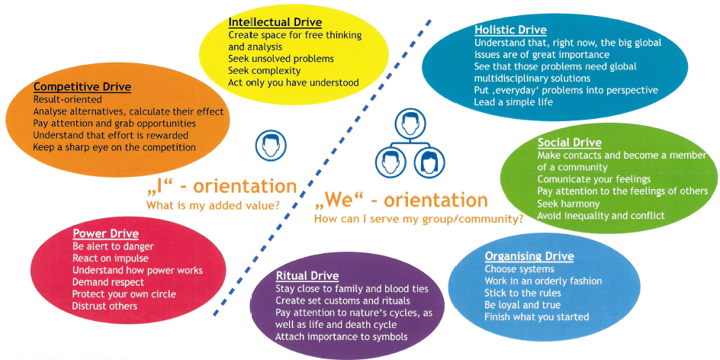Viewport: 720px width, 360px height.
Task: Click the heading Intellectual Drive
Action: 275,22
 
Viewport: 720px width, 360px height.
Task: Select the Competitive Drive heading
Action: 82,87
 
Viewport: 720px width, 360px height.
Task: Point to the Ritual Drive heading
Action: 307,275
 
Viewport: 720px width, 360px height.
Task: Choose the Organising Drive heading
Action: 529,256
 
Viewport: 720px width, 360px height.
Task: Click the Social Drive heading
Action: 569,143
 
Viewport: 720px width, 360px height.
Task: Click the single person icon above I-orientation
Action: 268,146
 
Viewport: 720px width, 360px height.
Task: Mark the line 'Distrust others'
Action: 105,306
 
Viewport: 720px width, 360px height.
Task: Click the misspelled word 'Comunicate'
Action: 564,179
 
